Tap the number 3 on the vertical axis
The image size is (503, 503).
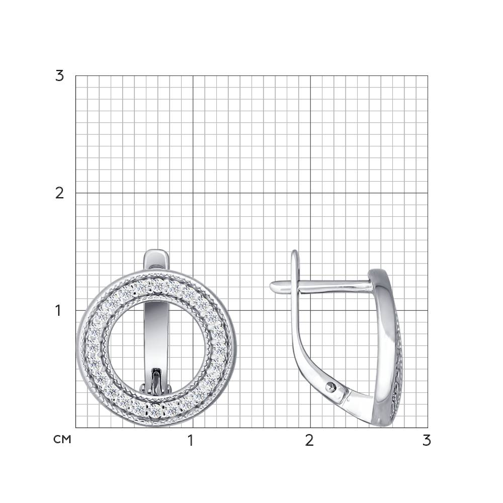point(60,76)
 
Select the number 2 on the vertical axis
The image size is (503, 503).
point(60,193)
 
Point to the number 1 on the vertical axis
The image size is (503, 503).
point(58,310)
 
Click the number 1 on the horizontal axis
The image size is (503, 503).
point(191,441)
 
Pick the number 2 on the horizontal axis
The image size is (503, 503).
point(309,441)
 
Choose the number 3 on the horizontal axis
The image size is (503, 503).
point(427,441)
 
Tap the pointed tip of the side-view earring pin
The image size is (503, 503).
point(271,286)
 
